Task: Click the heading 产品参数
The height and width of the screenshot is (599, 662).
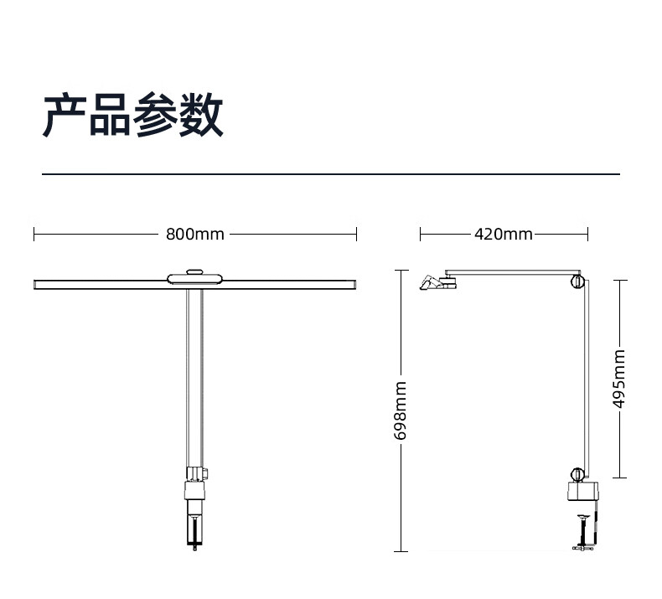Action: (133, 116)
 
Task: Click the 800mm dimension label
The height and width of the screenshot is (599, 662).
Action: (195, 235)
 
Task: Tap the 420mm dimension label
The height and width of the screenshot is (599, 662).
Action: (503, 235)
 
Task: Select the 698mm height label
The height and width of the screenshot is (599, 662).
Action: (401, 411)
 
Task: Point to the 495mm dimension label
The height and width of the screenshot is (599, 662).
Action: (619, 378)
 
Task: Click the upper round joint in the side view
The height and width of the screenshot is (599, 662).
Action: (576, 281)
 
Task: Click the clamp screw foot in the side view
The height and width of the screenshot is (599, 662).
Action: (583, 547)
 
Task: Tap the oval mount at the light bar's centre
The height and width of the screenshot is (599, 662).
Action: (195, 277)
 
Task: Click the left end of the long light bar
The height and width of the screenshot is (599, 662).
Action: (39, 285)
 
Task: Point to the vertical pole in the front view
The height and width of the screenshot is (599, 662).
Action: (194, 377)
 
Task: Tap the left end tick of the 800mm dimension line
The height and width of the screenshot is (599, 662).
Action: (34, 235)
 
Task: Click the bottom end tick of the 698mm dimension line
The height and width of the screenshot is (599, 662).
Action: (401, 551)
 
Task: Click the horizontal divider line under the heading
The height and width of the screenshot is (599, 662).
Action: (331, 174)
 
